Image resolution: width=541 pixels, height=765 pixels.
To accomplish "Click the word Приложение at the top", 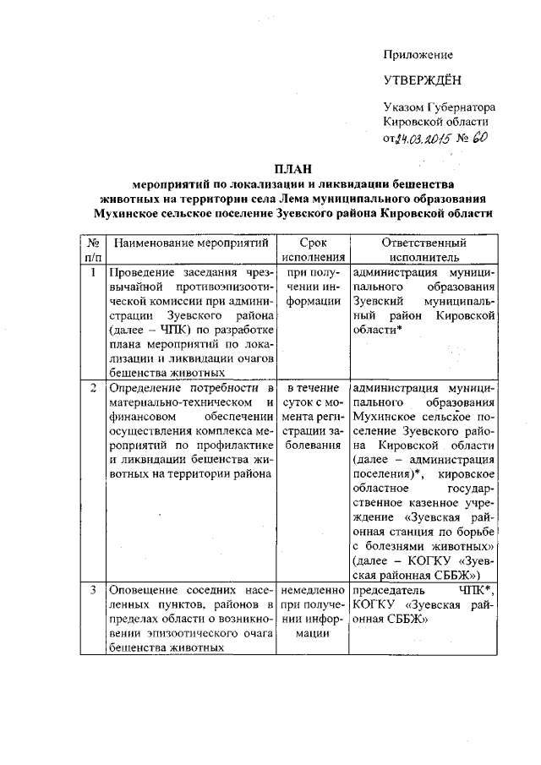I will point(418,55).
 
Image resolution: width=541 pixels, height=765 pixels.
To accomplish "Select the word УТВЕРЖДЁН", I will point(420,82).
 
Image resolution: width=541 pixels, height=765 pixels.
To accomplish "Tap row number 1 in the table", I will point(92,273).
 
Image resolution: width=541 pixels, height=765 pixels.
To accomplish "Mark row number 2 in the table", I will point(92,388).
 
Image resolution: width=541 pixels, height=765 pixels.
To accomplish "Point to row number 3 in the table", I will point(92,587).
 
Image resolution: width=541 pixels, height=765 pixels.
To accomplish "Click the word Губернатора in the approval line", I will point(459,109).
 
